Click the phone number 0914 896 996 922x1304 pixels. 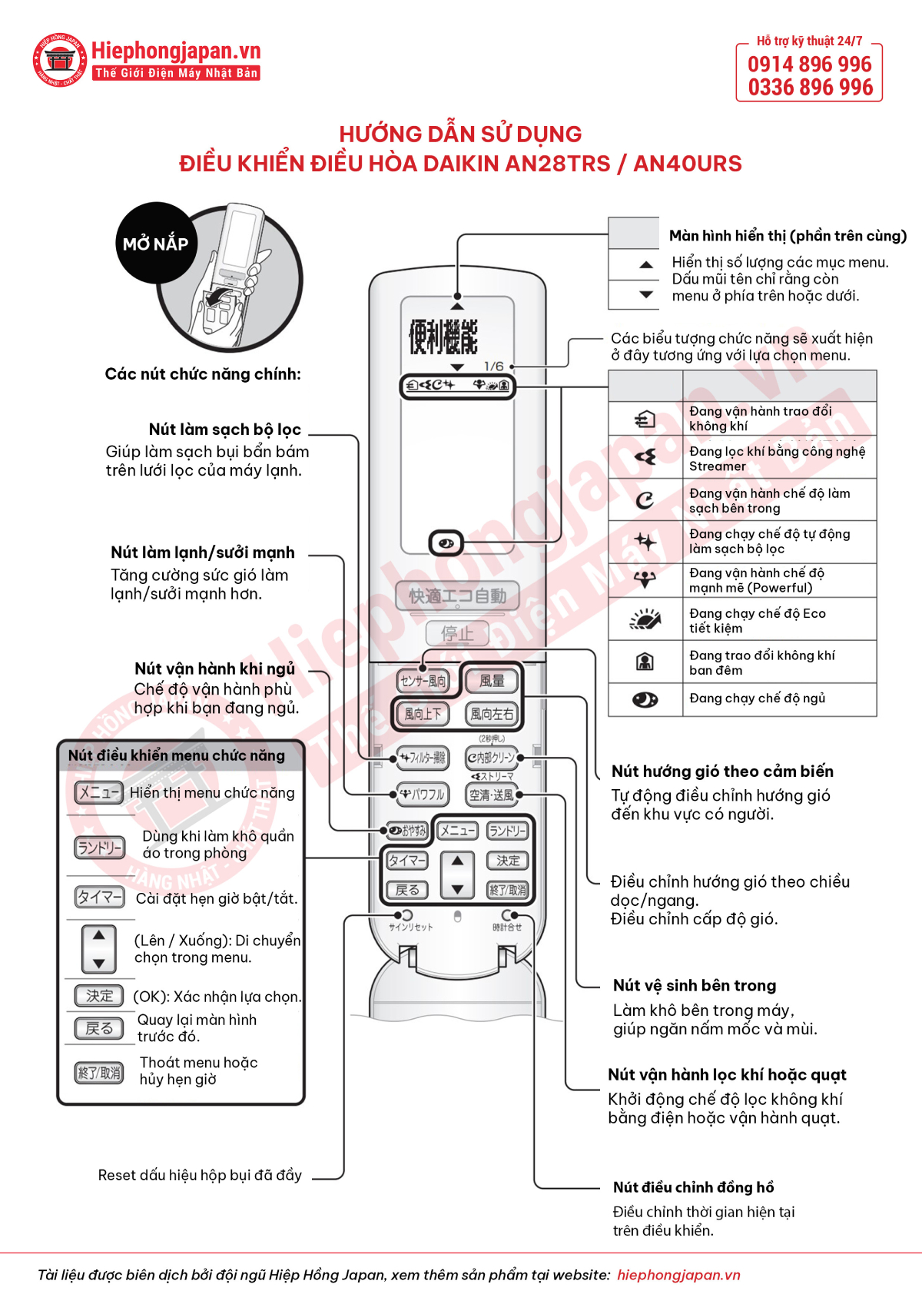pos(810,65)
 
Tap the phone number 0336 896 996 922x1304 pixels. pos(810,88)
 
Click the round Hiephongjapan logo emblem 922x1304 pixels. pos(59,60)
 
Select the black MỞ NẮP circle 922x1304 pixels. pos(156,244)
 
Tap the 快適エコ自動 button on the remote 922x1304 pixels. pos(457,596)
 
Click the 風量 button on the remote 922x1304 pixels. pos(492,681)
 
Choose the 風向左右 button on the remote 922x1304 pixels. pos(492,714)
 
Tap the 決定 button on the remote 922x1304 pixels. pos(508,861)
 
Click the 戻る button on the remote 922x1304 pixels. pos(407,890)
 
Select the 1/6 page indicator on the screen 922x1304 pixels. pos(494,367)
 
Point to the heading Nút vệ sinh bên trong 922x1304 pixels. pos(695,985)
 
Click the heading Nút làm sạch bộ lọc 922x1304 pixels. pos(224,429)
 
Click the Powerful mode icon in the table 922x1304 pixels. pos(645,580)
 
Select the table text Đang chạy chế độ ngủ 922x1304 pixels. pos(757,698)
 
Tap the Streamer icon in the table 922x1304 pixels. pos(645,458)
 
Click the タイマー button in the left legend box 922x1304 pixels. pos(99,897)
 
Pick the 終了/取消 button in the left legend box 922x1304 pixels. pos(99,1073)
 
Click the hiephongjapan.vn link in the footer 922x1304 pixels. pos(678,1275)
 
